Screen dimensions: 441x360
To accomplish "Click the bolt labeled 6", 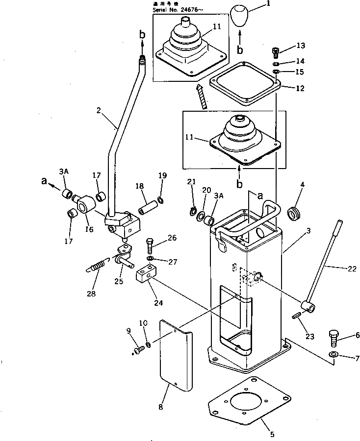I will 334,338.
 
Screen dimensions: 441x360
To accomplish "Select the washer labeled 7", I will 334,354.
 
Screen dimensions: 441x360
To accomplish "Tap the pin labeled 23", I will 298,316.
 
